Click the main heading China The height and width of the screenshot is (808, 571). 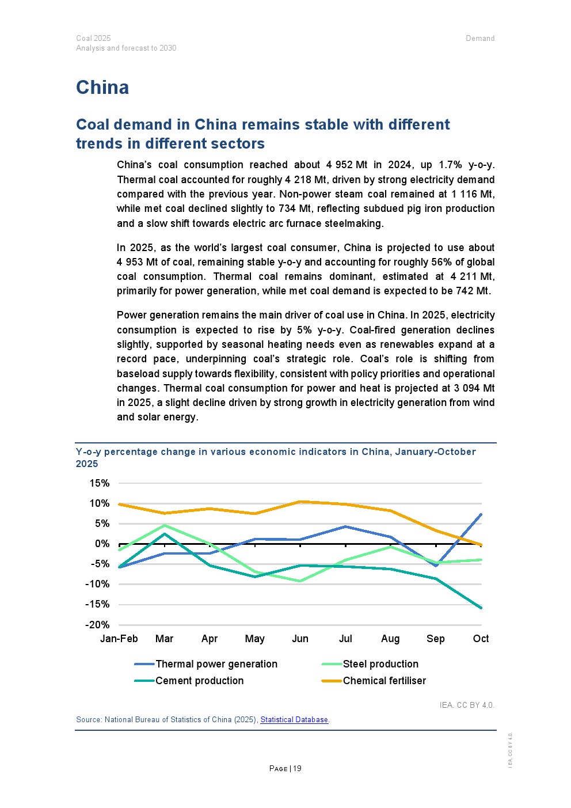[102, 88]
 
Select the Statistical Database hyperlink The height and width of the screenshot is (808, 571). [294, 719]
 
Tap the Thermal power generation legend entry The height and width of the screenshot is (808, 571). [216, 664]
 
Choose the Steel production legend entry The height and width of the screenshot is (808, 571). [380, 664]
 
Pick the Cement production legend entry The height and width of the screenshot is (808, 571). [199, 681]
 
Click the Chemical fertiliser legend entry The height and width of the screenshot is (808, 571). [384, 681]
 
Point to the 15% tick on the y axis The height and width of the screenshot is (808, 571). [99, 483]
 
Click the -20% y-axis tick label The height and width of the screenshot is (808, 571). [97, 625]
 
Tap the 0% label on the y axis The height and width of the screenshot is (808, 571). [102, 544]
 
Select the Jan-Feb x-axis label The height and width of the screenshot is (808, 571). [119, 639]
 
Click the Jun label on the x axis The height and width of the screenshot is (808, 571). [300, 639]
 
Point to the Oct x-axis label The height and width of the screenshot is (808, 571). [481, 639]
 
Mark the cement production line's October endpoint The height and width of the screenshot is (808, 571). [481, 608]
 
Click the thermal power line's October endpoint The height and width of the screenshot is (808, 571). [481, 514]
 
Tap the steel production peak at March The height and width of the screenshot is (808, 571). [165, 525]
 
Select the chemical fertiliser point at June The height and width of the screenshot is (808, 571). [300, 502]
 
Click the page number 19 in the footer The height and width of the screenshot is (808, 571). [297, 768]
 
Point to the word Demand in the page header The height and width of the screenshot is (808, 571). [480, 39]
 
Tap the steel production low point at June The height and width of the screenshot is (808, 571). [300, 581]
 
